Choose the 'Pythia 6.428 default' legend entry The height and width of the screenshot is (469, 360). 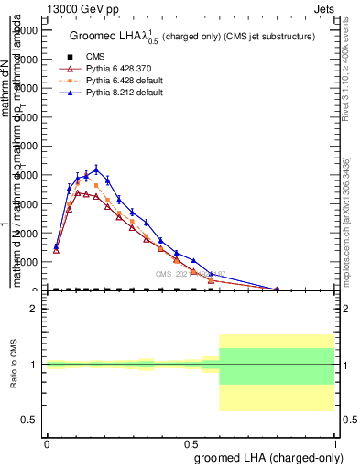click(x=113, y=82)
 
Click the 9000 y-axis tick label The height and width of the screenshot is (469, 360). click(x=27, y=30)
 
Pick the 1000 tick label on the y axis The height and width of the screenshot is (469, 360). click(x=27, y=262)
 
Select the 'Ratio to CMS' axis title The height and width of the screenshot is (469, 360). click(x=13, y=365)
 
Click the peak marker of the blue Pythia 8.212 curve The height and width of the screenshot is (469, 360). click(x=96, y=169)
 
